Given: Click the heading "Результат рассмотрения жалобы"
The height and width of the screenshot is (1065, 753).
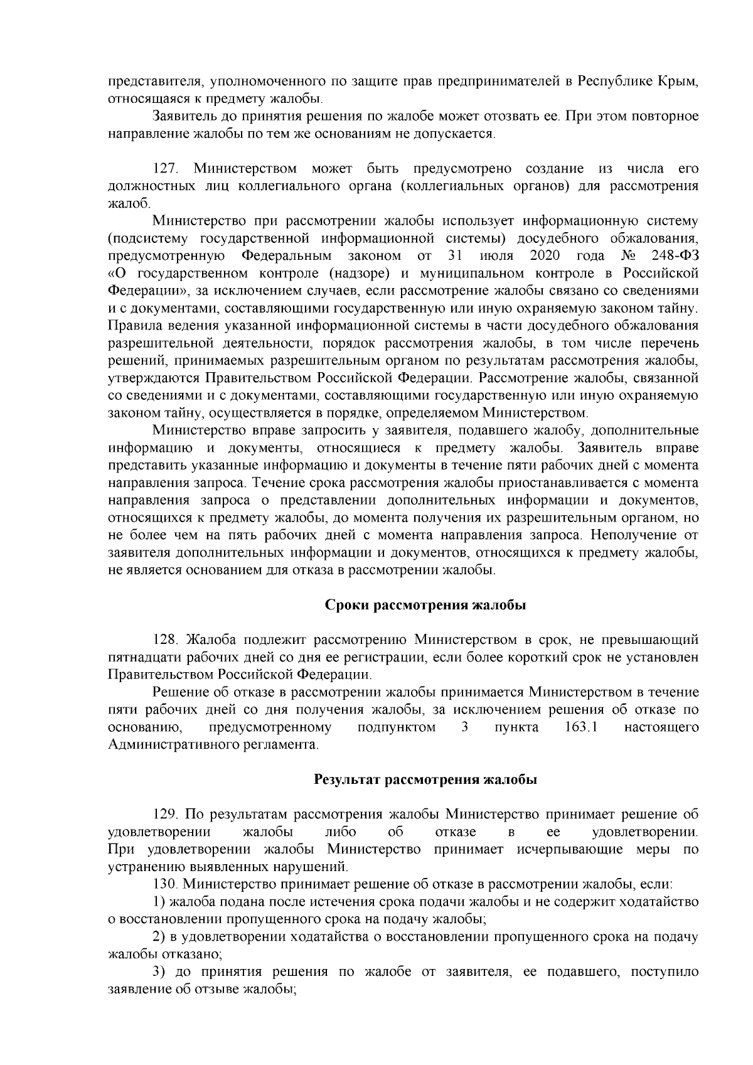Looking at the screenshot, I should [x=425, y=780].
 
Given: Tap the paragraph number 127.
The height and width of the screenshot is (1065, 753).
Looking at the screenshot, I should [x=166, y=169].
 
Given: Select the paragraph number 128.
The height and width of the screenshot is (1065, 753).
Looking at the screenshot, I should [x=166, y=640].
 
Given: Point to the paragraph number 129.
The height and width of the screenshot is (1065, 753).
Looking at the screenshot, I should [x=166, y=815].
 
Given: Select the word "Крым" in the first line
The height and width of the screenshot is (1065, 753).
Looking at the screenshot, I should [x=678, y=82].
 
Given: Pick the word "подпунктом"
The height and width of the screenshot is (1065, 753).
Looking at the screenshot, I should [x=396, y=727].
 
